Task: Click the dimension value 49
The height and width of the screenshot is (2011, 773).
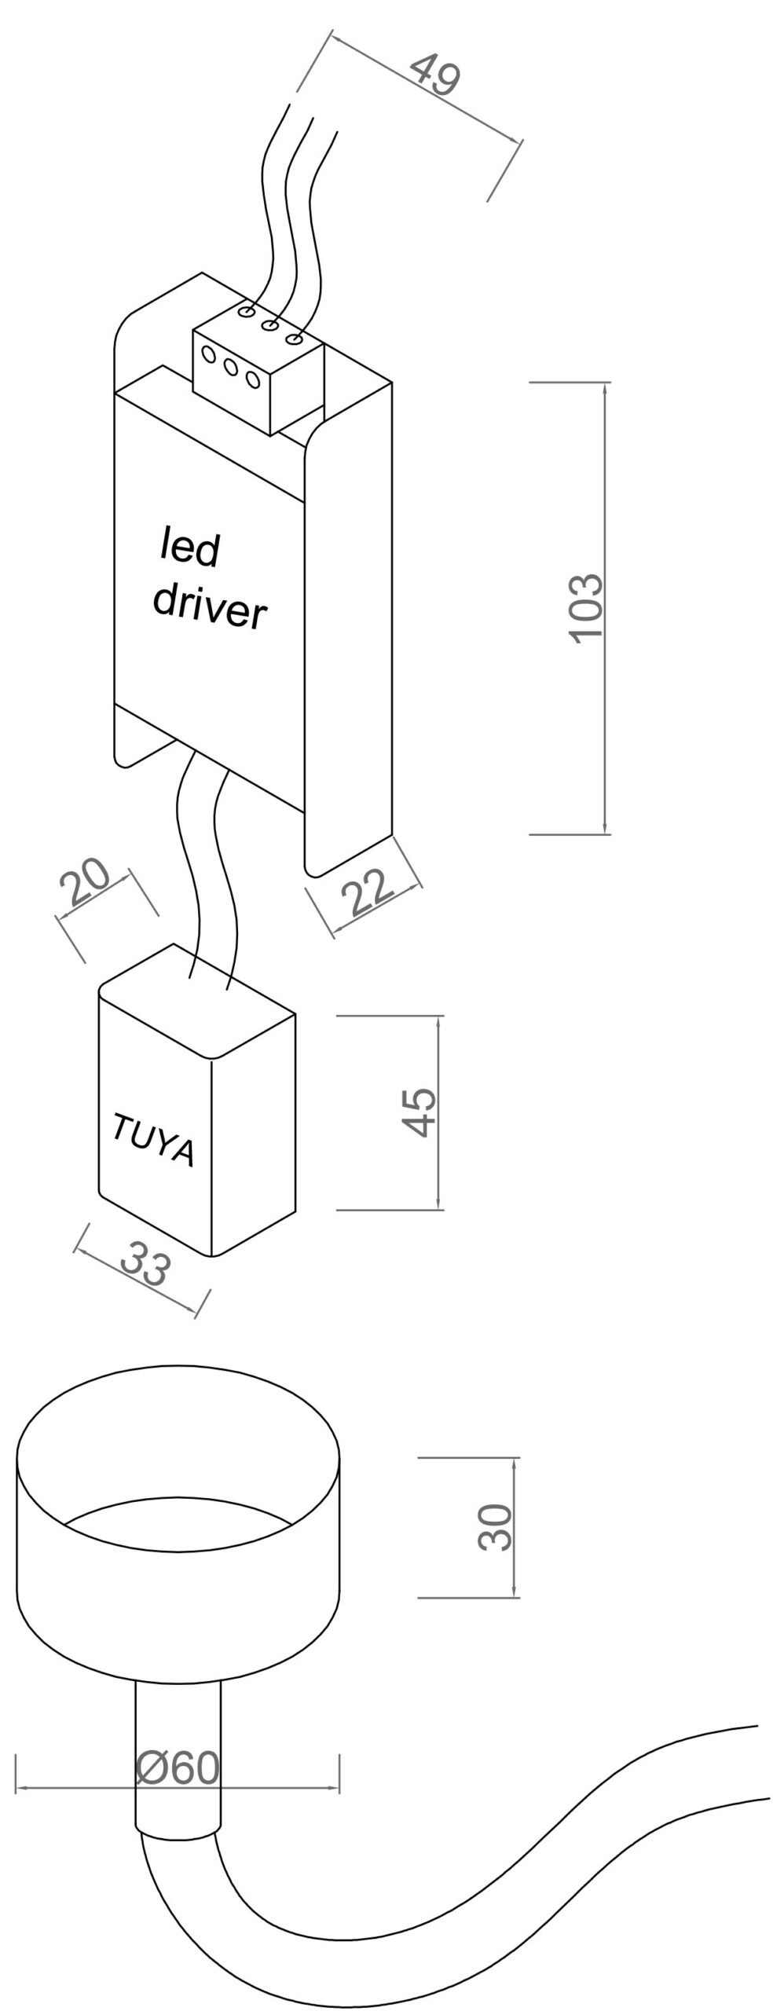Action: (435, 76)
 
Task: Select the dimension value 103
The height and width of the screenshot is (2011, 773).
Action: (588, 609)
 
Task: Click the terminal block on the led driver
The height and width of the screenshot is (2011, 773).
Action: (258, 368)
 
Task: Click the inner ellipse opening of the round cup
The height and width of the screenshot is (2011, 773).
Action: (178, 1522)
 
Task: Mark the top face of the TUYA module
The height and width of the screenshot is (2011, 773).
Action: (196, 1001)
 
